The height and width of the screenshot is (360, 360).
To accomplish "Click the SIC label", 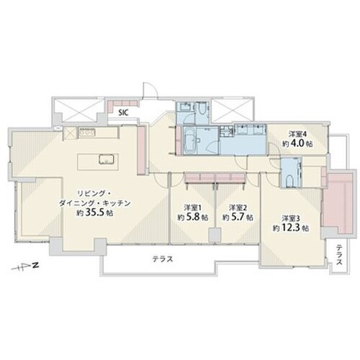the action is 124,113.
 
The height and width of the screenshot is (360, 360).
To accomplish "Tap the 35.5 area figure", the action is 99,212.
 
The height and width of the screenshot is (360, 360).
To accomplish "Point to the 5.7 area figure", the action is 238,217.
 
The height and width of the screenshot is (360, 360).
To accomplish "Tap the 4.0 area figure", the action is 297,143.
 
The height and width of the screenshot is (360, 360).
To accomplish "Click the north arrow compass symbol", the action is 26,266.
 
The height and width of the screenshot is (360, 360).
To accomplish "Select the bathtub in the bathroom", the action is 190,140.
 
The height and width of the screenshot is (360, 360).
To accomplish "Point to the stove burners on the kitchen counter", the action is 87,132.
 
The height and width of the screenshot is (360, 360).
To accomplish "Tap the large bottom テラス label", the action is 163,259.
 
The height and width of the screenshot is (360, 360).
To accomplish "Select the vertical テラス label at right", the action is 339,254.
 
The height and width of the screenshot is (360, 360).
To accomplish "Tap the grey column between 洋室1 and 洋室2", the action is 215,235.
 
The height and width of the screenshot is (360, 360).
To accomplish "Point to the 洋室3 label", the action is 291,218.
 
